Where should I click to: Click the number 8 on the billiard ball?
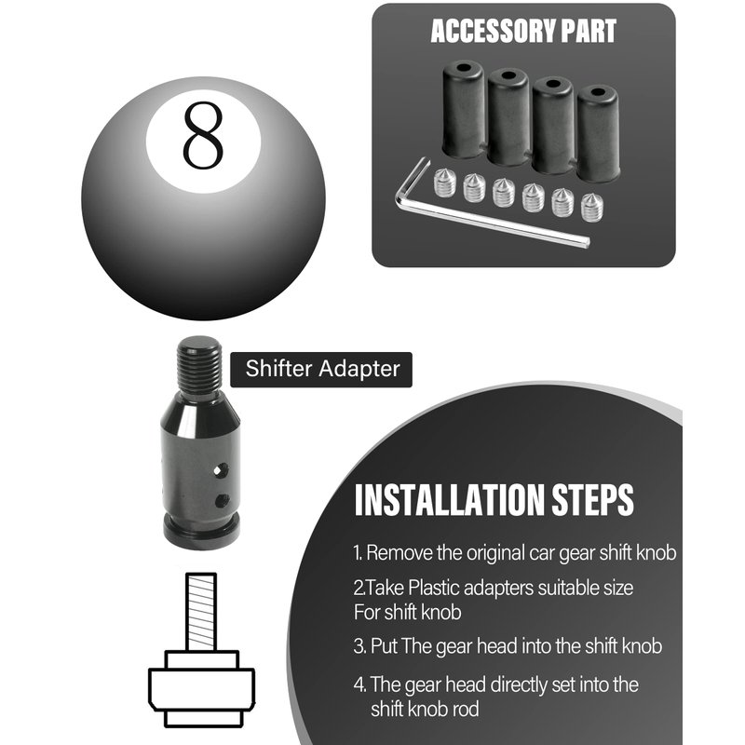(x=203, y=135)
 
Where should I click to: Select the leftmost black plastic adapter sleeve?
(x=463, y=109)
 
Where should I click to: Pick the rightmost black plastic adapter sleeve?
(x=598, y=133)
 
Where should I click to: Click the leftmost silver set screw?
(x=445, y=183)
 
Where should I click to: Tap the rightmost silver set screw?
(x=592, y=207)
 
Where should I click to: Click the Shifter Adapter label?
(x=322, y=369)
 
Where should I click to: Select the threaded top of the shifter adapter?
(x=199, y=364)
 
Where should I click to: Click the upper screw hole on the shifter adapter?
(x=221, y=471)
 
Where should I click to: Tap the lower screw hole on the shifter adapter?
(x=222, y=500)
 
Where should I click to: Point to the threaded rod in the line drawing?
(x=201, y=612)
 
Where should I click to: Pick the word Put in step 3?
(x=384, y=646)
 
